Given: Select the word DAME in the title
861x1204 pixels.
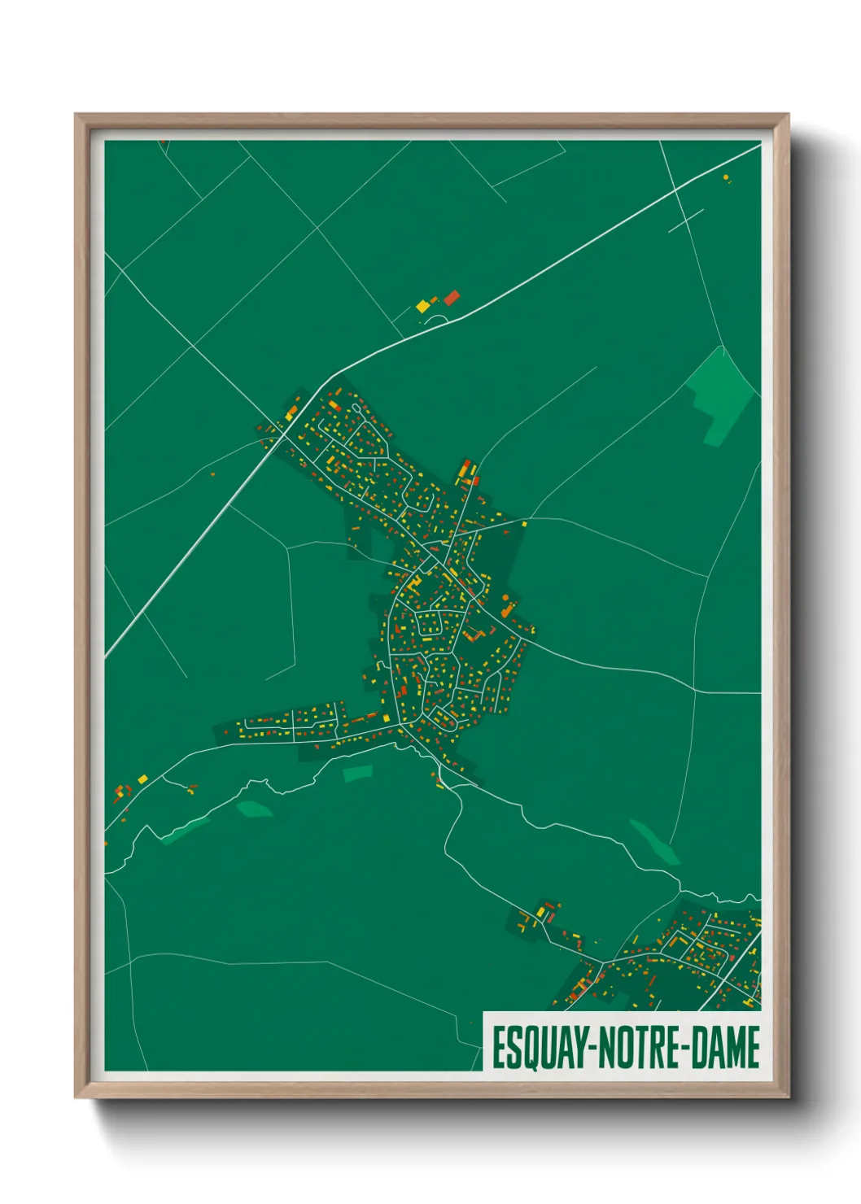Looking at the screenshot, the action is click(726, 1048).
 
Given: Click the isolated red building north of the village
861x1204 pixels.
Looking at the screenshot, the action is click(451, 298).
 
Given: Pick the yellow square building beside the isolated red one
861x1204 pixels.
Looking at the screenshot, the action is click(422, 307).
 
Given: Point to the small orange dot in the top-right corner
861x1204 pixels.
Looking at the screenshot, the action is click(726, 177).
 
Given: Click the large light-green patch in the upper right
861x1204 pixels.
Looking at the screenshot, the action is click(719, 395).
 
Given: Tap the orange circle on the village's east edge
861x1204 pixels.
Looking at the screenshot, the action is click(505, 599).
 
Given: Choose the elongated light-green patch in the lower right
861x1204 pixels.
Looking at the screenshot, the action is click(654, 841).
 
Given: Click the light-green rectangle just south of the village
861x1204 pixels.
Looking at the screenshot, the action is click(357, 773).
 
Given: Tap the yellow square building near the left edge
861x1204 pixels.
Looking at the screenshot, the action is click(143, 779).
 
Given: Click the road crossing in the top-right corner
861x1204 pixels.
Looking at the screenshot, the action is click(675, 190).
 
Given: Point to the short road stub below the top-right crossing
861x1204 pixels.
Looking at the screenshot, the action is click(686, 220).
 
